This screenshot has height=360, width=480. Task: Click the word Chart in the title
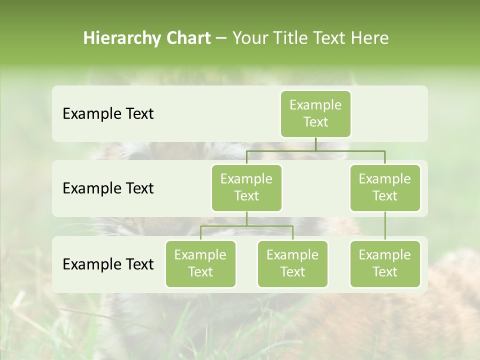[x=186, y=38]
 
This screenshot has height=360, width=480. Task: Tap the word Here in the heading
[x=370, y=38]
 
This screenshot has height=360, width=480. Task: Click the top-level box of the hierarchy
[x=315, y=113]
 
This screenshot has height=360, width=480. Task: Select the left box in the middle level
[x=246, y=187]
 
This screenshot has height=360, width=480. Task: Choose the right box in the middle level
[x=385, y=187]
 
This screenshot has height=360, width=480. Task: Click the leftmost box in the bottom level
[x=200, y=263]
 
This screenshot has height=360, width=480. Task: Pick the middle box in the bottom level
[x=292, y=263]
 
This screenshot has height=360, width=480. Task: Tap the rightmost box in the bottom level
[x=385, y=263]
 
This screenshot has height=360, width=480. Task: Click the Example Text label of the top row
[x=108, y=114]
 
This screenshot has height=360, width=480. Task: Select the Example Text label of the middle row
[x=108, y=188]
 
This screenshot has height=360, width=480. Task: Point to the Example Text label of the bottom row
[x=108, y=264]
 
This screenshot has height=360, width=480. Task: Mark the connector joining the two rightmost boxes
[x=385, y=226]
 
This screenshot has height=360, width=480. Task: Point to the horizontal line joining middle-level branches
[x=315, y=150]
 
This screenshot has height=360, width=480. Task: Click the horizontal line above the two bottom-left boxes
[x=246, y=225]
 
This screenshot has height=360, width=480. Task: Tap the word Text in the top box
[x=315, y=122]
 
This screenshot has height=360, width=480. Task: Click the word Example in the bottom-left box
[x=200, y=255]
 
